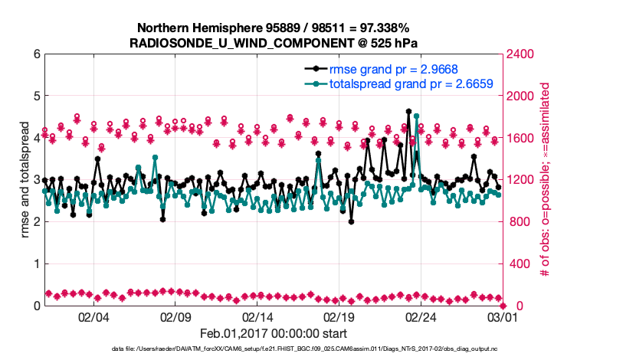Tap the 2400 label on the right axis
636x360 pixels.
tap(521, 54)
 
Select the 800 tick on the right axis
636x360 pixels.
tap(518, 222)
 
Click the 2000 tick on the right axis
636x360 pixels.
tap(521, 97)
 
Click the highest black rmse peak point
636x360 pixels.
tap(408, 112)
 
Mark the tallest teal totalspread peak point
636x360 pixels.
tap(416, 116)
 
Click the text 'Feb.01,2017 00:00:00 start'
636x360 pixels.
tap(273, 333)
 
